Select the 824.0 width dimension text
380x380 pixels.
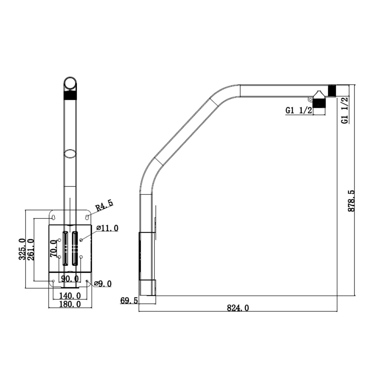coord(238,308)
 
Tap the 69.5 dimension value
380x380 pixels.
coord(129,301)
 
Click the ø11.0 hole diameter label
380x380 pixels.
coord(107,228)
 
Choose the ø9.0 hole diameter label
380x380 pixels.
coord(103,284)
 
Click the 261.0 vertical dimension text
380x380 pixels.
coord(31,250)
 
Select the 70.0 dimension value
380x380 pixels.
coord(53,249)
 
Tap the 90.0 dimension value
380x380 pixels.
coord(70,279)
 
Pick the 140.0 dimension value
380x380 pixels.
coord(70,296)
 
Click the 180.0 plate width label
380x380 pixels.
coord(70,304)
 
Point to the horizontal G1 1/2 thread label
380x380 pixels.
coord(299,110)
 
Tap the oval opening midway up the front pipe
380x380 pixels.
coord(70,154)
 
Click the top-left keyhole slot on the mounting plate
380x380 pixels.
coord(53,217)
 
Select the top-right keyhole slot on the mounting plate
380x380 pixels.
coord(87,217)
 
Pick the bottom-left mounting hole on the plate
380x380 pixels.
coord(53,281)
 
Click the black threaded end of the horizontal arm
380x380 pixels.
coord(332,90)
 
